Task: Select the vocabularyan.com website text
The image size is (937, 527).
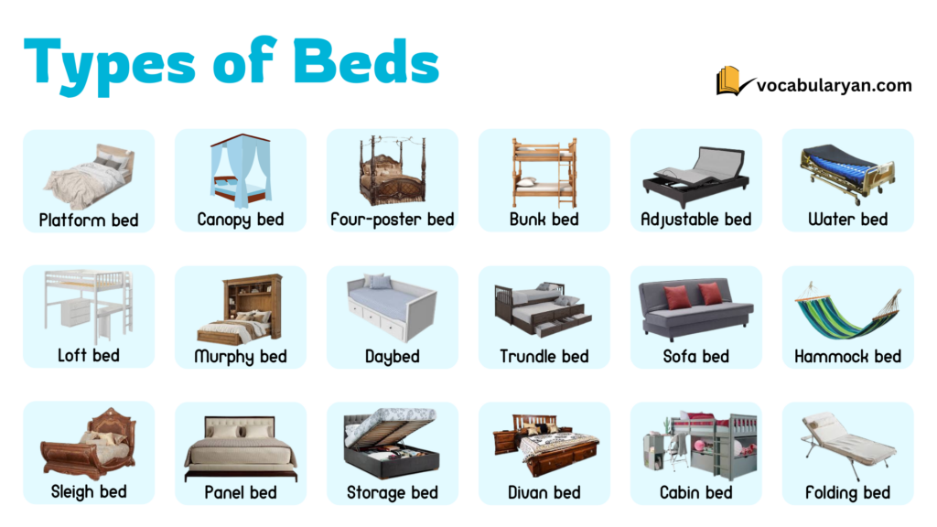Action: click(834, 85)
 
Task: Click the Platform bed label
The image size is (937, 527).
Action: click(89, 220)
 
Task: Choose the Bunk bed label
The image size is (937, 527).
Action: click(544, 220)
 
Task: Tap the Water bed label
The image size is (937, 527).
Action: click(848, 220)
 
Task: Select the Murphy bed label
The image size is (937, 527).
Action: click(241, 357)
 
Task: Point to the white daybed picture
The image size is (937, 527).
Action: click(392, 306)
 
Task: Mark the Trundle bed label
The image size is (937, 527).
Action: click(544, 357)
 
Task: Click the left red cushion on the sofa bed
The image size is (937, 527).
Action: click(678, 296)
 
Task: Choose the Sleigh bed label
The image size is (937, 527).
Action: click(89, 492)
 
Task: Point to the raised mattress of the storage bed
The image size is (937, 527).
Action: click(392, 428)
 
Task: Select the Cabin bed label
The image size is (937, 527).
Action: click(696, 492)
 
